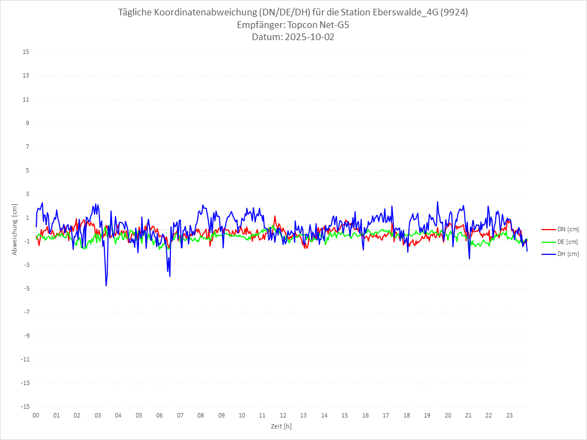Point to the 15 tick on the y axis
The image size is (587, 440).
coord(26,52)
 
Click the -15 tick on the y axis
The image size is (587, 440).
coord(25,406)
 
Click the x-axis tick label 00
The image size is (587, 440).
coord(36,415)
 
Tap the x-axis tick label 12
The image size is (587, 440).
coord(283,415)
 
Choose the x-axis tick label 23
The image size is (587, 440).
coord(510,415)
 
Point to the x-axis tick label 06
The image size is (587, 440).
coord(159,415)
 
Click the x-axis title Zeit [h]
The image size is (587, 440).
coord(281,426)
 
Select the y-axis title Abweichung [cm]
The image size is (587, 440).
coord(15,230)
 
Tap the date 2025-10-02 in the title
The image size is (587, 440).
coord(307,37)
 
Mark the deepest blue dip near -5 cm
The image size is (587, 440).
coord(106,285)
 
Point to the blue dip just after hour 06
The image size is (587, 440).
coord(170,276)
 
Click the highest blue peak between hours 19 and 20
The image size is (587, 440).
coord(438,202)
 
